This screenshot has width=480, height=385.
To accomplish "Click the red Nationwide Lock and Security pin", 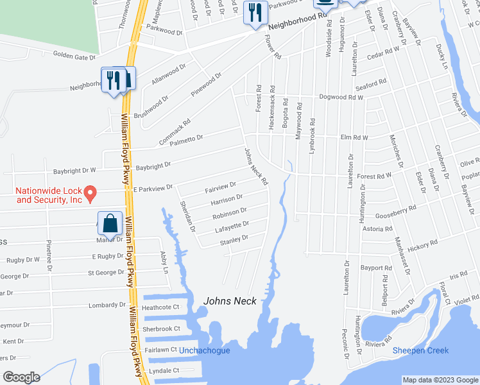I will [x=91, y=192].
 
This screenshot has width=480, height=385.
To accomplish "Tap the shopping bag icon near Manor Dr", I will [x=110, y=224].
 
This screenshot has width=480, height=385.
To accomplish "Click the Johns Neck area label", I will [x=230, y=301].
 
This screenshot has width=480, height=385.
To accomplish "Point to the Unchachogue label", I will [x=204, y=350].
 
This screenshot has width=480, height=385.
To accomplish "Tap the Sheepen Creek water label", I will [x=420, y=350].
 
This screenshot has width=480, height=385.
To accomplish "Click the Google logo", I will [x=21, y=377].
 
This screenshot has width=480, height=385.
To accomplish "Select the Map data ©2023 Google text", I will [x=440, y=380].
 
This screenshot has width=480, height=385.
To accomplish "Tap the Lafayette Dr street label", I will [x=230, y=225].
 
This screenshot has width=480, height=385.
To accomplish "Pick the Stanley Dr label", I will [x=234, y=239].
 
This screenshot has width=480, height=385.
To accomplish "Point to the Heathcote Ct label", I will [x=160, y=308].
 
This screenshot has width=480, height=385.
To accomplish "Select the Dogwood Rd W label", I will [x=341, y=98].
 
